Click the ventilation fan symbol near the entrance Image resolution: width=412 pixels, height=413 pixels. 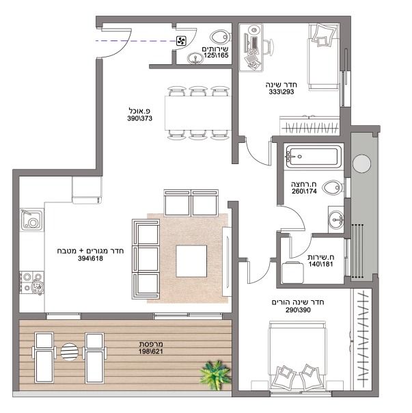click(x=181, y=41)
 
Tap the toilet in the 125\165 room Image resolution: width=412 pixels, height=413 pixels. click(x=220, y=37)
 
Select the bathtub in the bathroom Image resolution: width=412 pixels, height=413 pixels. click(x=314, y=157)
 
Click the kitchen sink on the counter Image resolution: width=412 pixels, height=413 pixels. click(x=31, y=219)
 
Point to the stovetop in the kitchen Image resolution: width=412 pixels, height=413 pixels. click(x=31, y=283)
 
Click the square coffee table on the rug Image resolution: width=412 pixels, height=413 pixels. click(x=191, y=261)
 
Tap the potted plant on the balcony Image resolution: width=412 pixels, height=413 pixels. click(x=215, y=375)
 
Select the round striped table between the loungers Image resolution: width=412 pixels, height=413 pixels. click(x=69, y=351)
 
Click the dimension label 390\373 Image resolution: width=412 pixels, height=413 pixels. click(x=140, y=118)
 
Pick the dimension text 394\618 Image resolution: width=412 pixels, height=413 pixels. click(x=90, y=258)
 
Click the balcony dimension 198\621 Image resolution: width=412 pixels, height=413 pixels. click(x=151, y=351)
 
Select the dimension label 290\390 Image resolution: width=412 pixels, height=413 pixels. click(x=298, y=310)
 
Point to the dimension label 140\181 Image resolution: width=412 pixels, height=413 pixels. click(x=320, y=264)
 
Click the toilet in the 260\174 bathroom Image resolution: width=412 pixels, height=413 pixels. click(x=333, y=187)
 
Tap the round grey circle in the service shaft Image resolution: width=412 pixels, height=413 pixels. click(x=361, y=163)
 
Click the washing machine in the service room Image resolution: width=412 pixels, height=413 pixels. click(x=292, y=272)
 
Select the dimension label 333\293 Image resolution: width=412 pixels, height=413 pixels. click(x=281, y=92)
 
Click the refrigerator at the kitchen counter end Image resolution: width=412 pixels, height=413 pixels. click(x=87, y=190)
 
